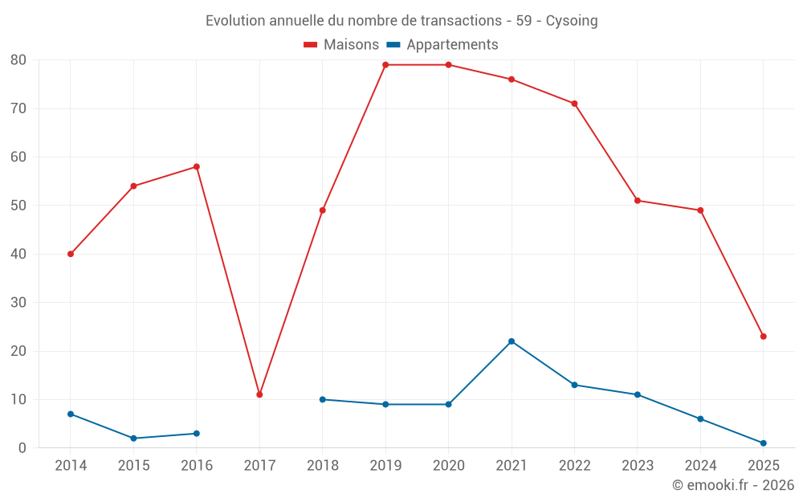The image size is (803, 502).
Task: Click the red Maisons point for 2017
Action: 259,394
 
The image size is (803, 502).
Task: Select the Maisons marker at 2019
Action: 385,65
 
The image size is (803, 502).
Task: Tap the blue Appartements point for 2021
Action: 512,341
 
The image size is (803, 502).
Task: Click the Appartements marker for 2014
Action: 71,414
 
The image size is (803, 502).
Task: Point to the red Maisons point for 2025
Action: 764,337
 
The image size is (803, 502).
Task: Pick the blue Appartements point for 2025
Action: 764,443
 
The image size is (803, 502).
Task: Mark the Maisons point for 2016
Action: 197,167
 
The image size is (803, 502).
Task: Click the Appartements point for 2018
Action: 323,399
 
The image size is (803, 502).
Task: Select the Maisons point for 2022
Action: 574,104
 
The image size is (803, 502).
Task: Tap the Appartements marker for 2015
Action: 133,439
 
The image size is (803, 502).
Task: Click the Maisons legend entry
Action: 341,45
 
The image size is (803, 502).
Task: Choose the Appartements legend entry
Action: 443,45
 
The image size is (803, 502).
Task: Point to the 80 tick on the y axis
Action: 18,60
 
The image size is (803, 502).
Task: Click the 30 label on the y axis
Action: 18,303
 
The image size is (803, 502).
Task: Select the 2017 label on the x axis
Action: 259,466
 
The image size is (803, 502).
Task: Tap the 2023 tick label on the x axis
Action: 638,466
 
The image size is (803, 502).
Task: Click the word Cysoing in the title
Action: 572,21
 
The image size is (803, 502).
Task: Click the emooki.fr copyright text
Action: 733,485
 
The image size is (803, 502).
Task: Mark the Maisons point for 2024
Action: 700,210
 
